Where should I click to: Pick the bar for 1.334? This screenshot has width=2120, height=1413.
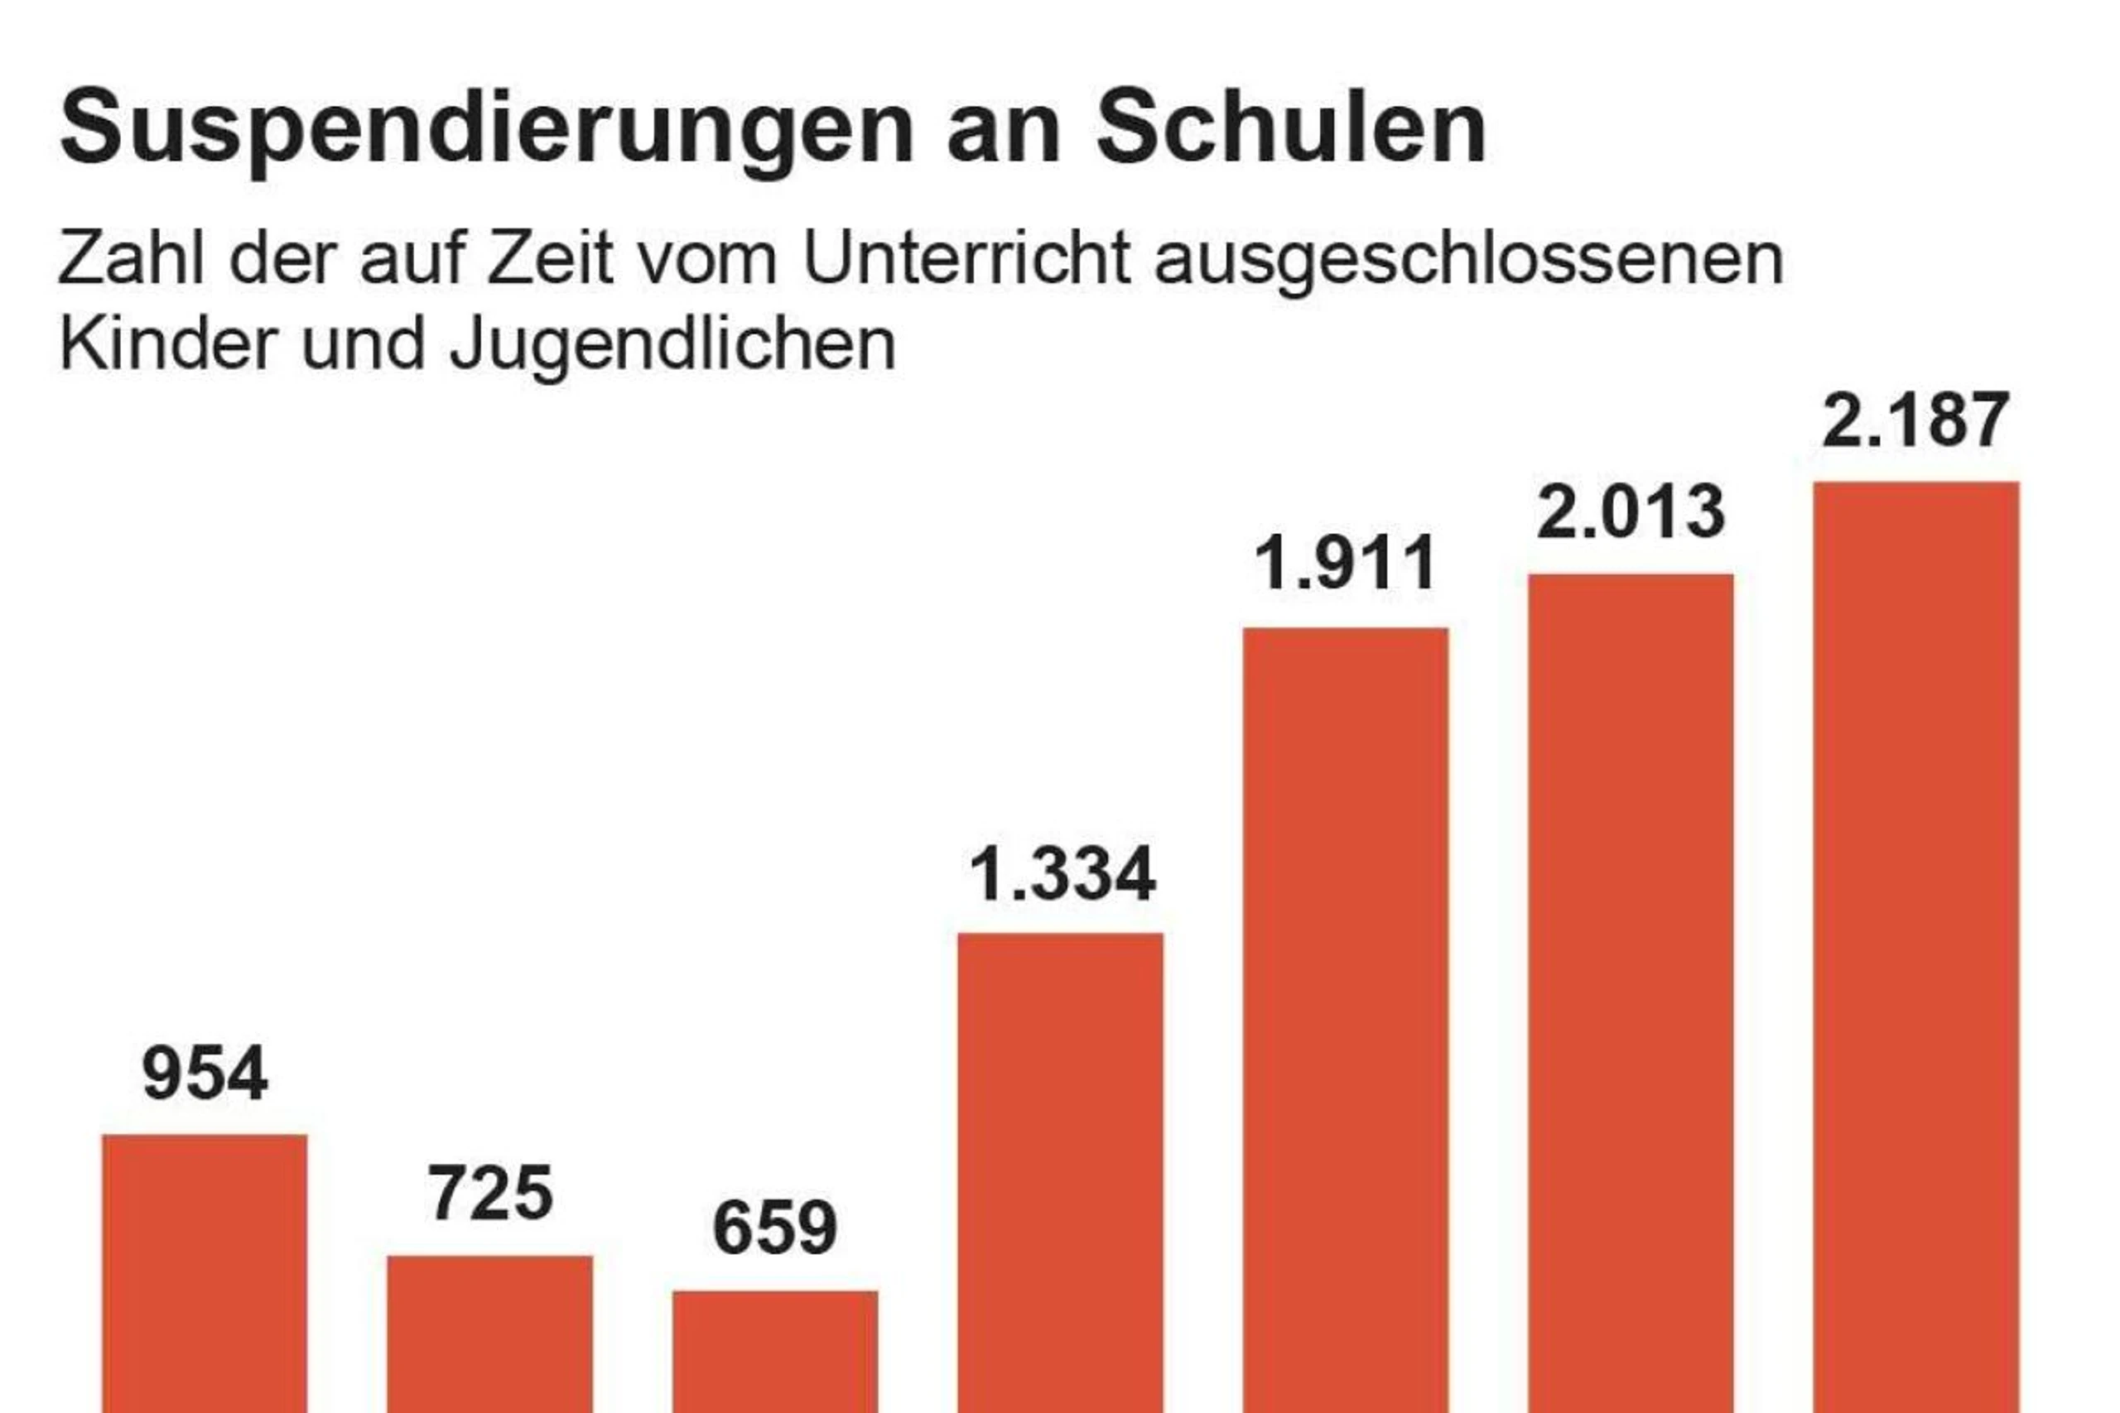tap(1060, 1171)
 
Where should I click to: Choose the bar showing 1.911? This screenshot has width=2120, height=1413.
tap(1346, 1018)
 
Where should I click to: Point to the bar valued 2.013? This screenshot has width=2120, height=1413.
tap(1631, 992)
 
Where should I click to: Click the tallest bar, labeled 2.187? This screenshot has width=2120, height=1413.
tap(1916, 946)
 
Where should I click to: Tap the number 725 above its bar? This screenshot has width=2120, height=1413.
tap(489, 1194)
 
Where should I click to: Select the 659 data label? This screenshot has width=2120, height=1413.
tap(775, 1228)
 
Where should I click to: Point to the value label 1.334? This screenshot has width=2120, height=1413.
tap(1062, 874)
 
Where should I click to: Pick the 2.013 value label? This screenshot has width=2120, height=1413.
tap(1631, 512)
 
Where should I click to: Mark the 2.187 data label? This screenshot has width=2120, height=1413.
tap(1915, 420)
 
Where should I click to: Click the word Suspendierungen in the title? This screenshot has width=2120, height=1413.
tap(487, 128)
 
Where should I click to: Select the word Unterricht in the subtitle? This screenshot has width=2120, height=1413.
tap(966, 258)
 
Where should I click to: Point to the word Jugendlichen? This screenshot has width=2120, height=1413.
tap(672, 345)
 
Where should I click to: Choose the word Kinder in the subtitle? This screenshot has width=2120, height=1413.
tap(167, 344)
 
